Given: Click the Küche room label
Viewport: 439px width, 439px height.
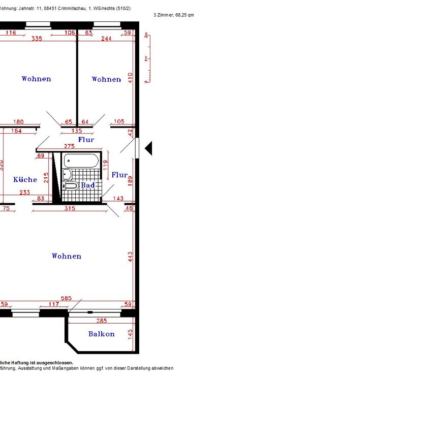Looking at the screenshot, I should tap(25, 179).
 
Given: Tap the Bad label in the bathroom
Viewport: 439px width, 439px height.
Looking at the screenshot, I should tap(88, 185).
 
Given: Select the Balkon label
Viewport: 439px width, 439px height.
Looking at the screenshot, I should tap(101, 334).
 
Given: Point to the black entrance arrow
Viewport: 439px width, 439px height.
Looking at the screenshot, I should tap(148, 148).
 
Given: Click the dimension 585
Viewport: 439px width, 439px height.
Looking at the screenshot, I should tap(66, 298).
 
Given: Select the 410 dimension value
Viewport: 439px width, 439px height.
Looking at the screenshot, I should tap(130, 78).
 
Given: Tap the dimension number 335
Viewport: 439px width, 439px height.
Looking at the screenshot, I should tap(37, 39).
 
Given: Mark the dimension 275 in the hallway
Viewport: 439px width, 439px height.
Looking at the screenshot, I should tap(69, 146).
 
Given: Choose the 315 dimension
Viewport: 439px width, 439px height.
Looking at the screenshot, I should tap(69, 208).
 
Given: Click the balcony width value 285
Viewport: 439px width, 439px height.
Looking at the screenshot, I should tap(102, 321).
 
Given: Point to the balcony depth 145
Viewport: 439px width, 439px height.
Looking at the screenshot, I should tap(131, 334).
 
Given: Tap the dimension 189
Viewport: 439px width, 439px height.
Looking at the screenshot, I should tap(130, 181).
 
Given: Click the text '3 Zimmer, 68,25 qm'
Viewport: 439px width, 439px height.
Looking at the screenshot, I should tap(173, 15).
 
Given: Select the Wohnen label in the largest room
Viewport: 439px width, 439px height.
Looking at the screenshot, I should tap(66, 256).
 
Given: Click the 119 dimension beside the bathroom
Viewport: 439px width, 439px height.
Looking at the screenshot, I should tap(106, 165).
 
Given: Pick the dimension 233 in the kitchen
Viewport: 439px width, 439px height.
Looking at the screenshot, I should tap(24, 193).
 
